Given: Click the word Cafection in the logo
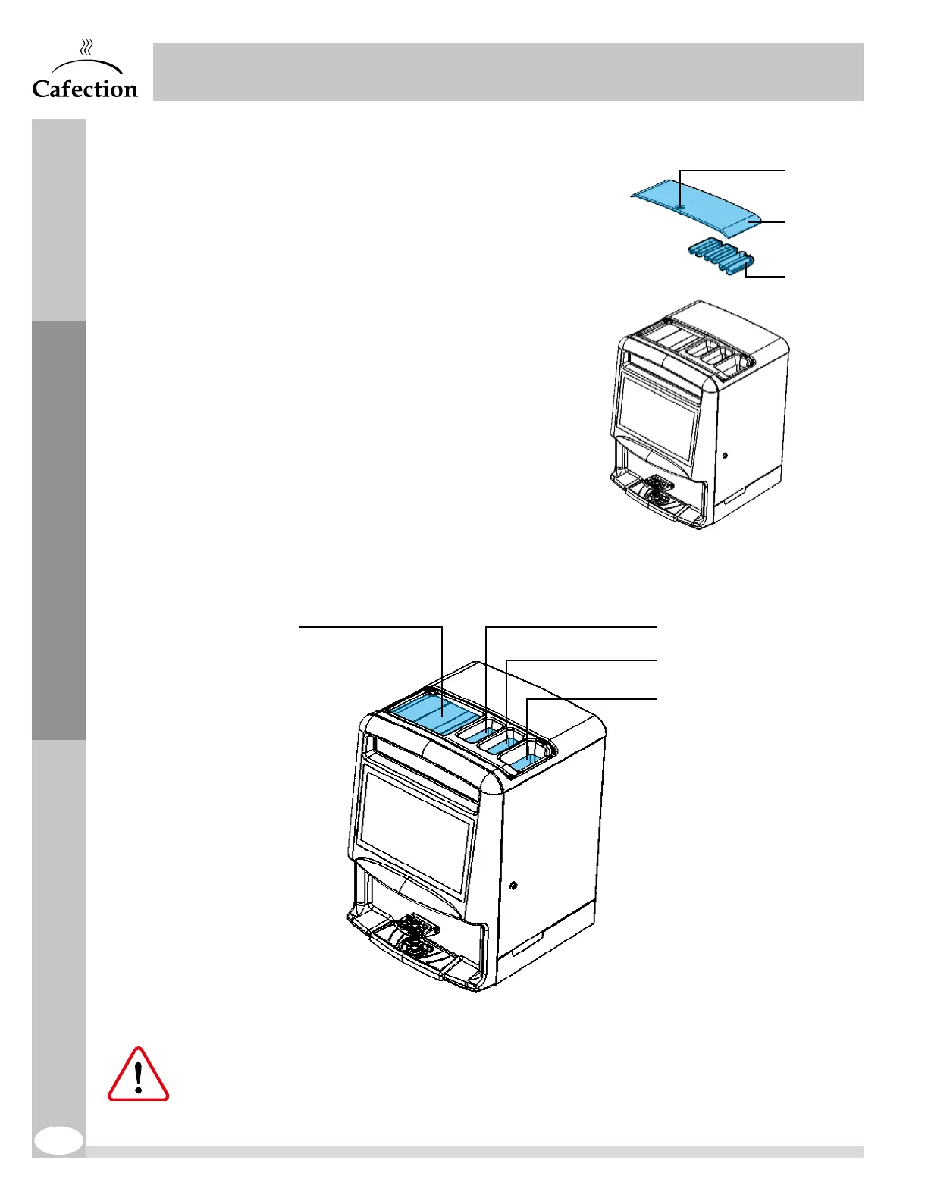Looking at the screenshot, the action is pyautogui.click(x=85, y=89).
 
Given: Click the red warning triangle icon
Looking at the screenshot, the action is pyautogui.click(x=138, y=1076).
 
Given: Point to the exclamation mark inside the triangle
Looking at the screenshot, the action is pyautogui.click(x=138, y=1076).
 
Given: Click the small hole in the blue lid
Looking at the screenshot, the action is pyautogui.click(x=680, y=205).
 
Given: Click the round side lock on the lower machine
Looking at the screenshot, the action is pyautogui.click(x=514, y=886).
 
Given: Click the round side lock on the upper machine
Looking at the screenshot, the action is pyautogui.click(x=726, y=457).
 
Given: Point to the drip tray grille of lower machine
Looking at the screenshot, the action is pyautogui.click(x=415, y=935).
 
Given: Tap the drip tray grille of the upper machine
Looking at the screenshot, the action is pyautogui.click(x=657, y=491).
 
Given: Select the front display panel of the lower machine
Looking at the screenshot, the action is pyautogui.click(x=415, y=826).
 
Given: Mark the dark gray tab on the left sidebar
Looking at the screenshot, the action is pyautogui.click(x=58, y=530).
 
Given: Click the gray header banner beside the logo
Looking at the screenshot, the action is pyautogui.click(x=508, y=72).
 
